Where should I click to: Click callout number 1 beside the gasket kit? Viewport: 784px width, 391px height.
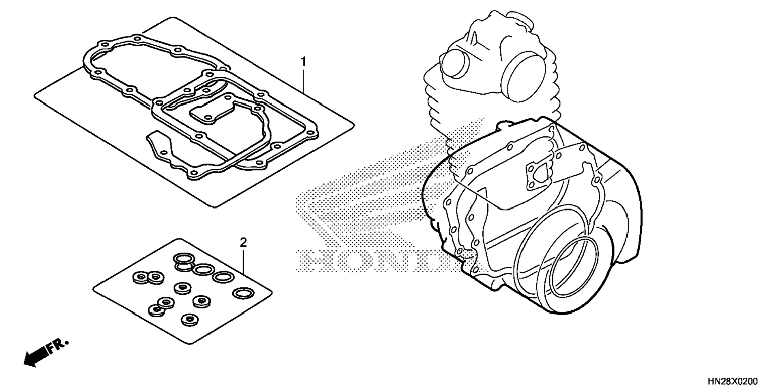303,62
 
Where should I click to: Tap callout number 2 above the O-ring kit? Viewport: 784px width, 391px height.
243,242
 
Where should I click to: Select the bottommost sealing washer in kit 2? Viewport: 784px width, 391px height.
188,320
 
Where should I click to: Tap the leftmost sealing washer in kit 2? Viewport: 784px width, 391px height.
140,278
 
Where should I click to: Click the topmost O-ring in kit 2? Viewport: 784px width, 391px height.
183,258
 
